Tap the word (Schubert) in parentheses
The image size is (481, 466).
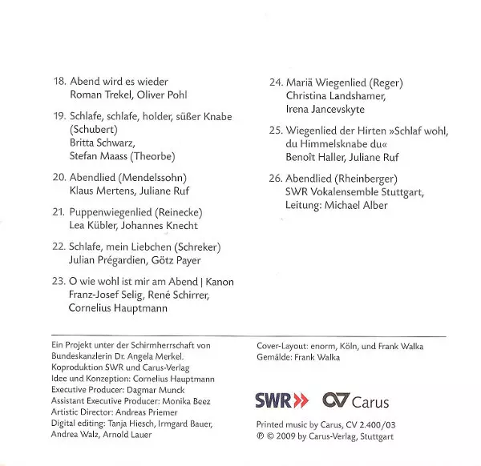click(95, 129)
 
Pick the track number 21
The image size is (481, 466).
click(59, 212)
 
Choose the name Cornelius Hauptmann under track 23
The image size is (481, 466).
click(119, 308)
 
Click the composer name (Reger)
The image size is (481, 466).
click(387, 82)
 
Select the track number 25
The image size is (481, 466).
click(276, 130)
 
